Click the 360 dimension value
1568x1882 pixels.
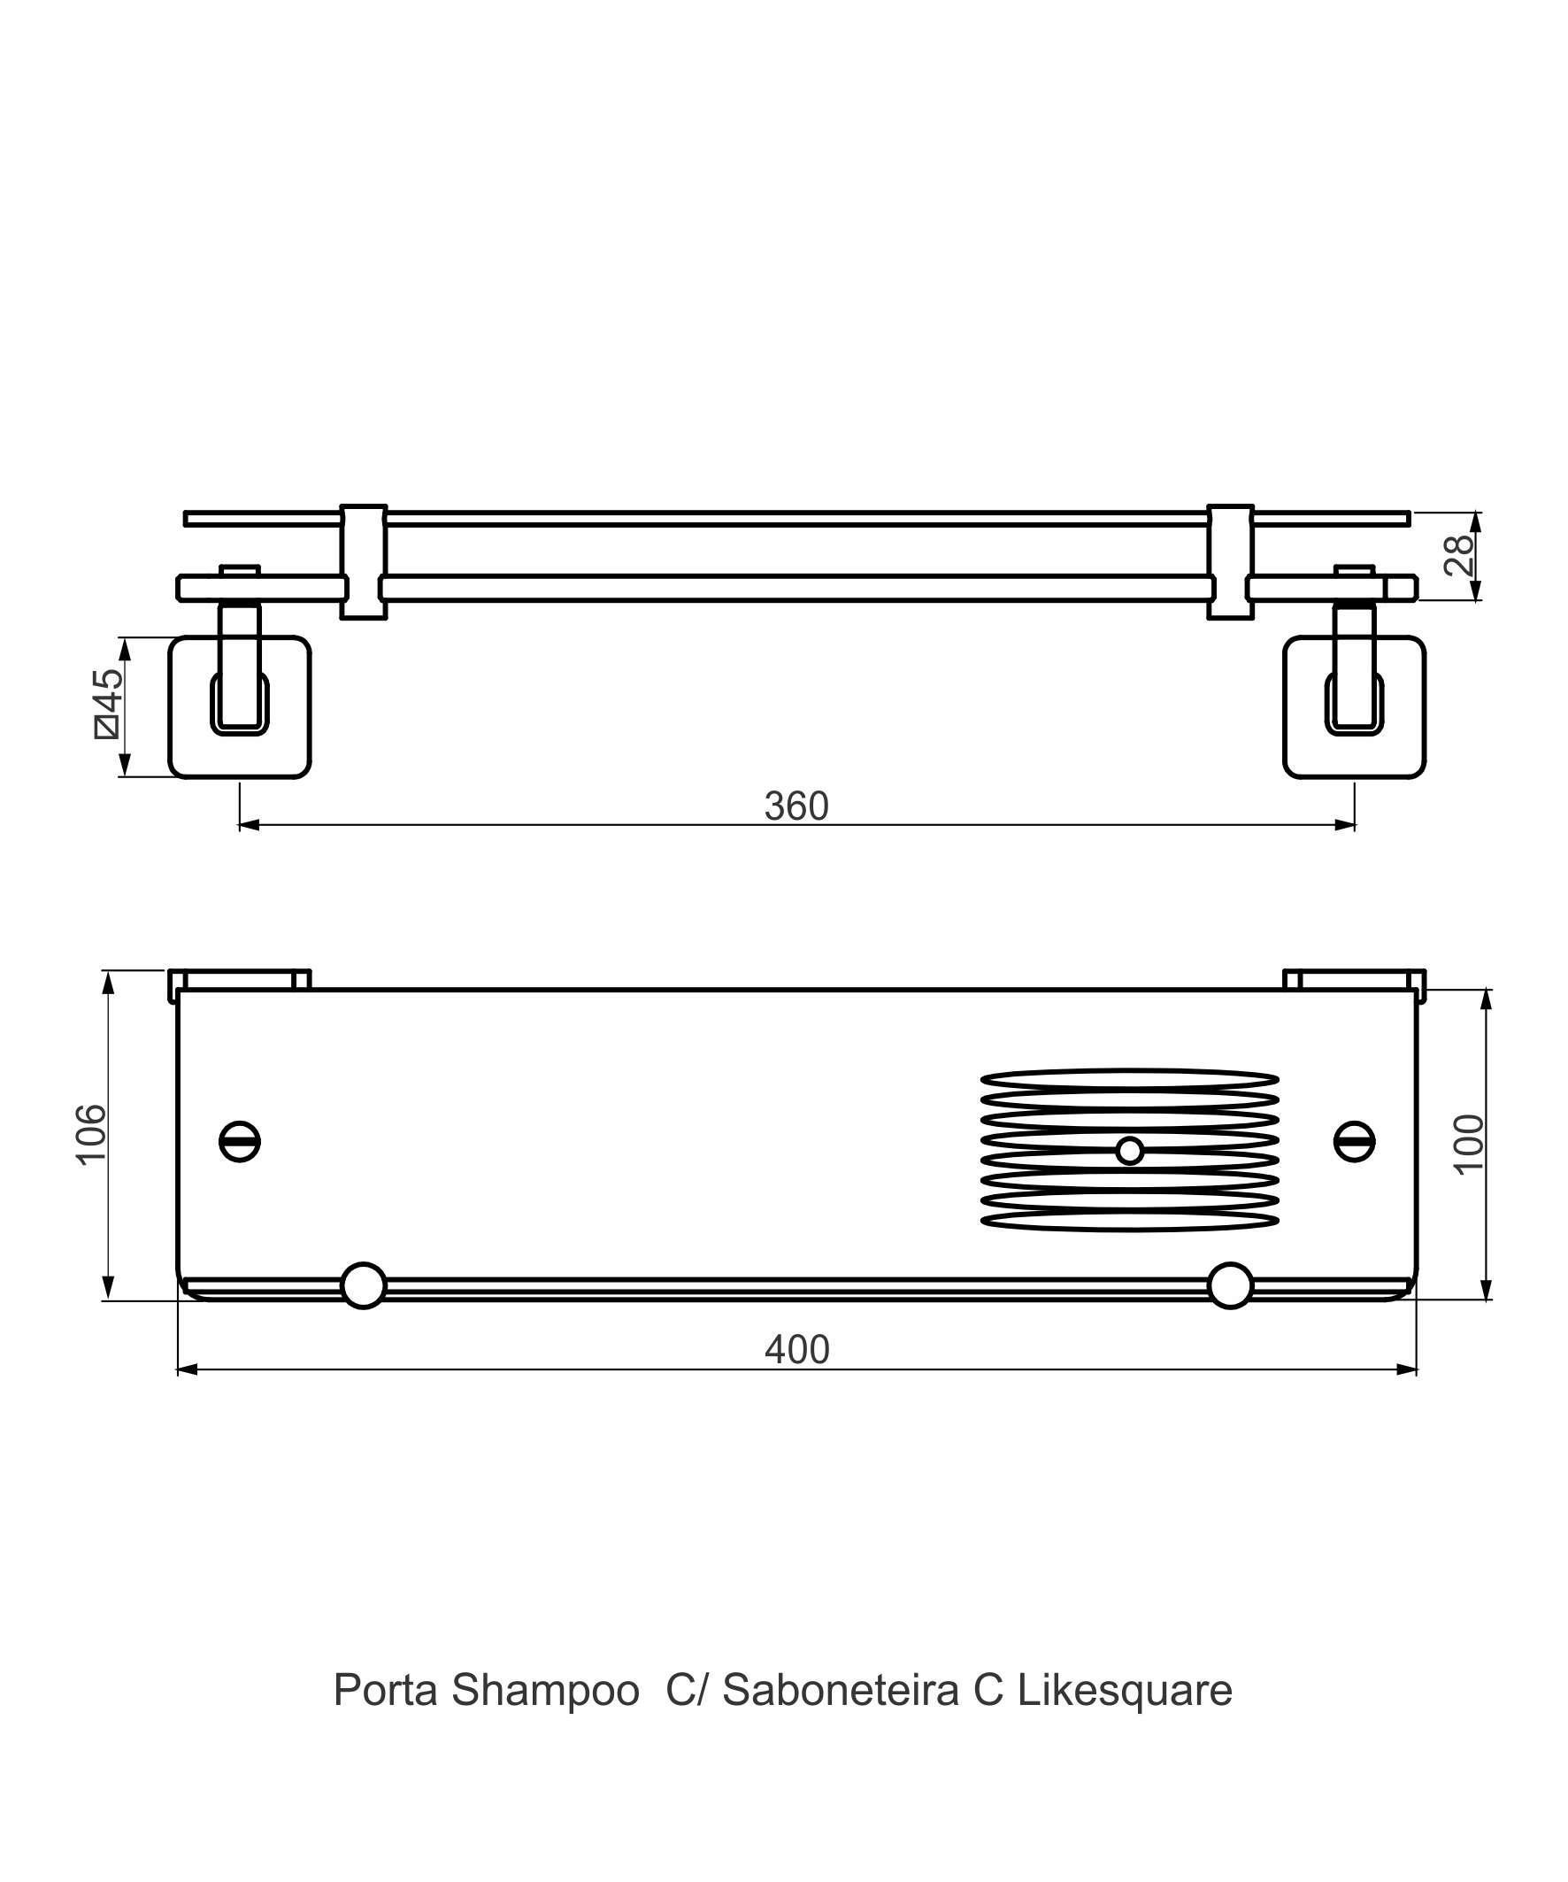tap(796, 806)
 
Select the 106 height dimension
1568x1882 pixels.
tap(91, 1134)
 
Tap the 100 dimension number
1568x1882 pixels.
tap(1470, 1144)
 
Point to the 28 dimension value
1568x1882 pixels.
tap(1458, 556)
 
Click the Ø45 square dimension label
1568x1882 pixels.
tap(109, 704)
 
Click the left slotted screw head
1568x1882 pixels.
tap(239, 1141)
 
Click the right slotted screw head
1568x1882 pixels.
tap(1354, 1141)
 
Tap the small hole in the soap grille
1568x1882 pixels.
tap(1129, 1150)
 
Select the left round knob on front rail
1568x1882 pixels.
tap(363, 1285)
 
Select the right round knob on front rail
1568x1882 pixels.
tap(1229, 1285)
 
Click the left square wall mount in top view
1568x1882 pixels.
tap(239, 707)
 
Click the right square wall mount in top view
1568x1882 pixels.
tap(1354, 707)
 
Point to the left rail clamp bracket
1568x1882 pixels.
tap(363, 562)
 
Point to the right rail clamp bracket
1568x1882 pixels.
tap(1229, 562)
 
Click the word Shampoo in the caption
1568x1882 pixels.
tap(545, 1690)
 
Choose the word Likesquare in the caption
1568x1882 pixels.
tap(1125, 1690)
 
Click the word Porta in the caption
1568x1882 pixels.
tap(385, 1690)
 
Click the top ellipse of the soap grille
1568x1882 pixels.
tap(1129, 1079)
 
